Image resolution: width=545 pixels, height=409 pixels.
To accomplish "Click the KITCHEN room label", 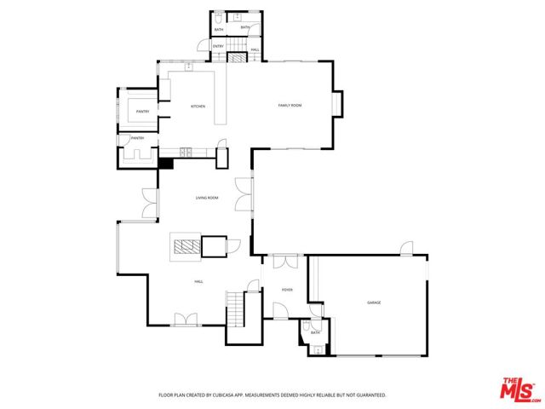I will [x=198, y=107].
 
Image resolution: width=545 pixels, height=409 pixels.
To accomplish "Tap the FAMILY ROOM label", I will [x=290, y=105].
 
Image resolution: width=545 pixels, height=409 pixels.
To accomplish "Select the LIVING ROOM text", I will [x=207, y=198].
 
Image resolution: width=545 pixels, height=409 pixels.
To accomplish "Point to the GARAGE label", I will [x=374, y=302].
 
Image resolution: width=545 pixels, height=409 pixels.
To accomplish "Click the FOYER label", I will [x=287, y=290].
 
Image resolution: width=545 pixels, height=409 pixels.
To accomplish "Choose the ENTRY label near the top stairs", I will [x=218, y=46].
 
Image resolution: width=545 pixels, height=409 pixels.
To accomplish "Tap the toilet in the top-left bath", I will [x=220, y=17].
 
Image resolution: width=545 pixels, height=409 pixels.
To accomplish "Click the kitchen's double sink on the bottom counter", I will [x=185, y=153].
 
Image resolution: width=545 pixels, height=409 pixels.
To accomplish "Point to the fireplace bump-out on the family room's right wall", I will [x=339, y=104].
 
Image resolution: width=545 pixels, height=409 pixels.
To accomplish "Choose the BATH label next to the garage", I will [x=314, y=333].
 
